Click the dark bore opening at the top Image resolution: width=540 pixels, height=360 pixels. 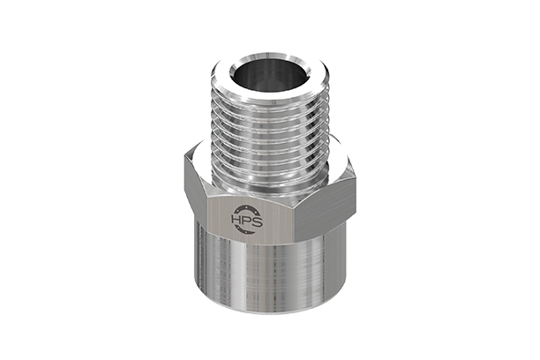[270, 75]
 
